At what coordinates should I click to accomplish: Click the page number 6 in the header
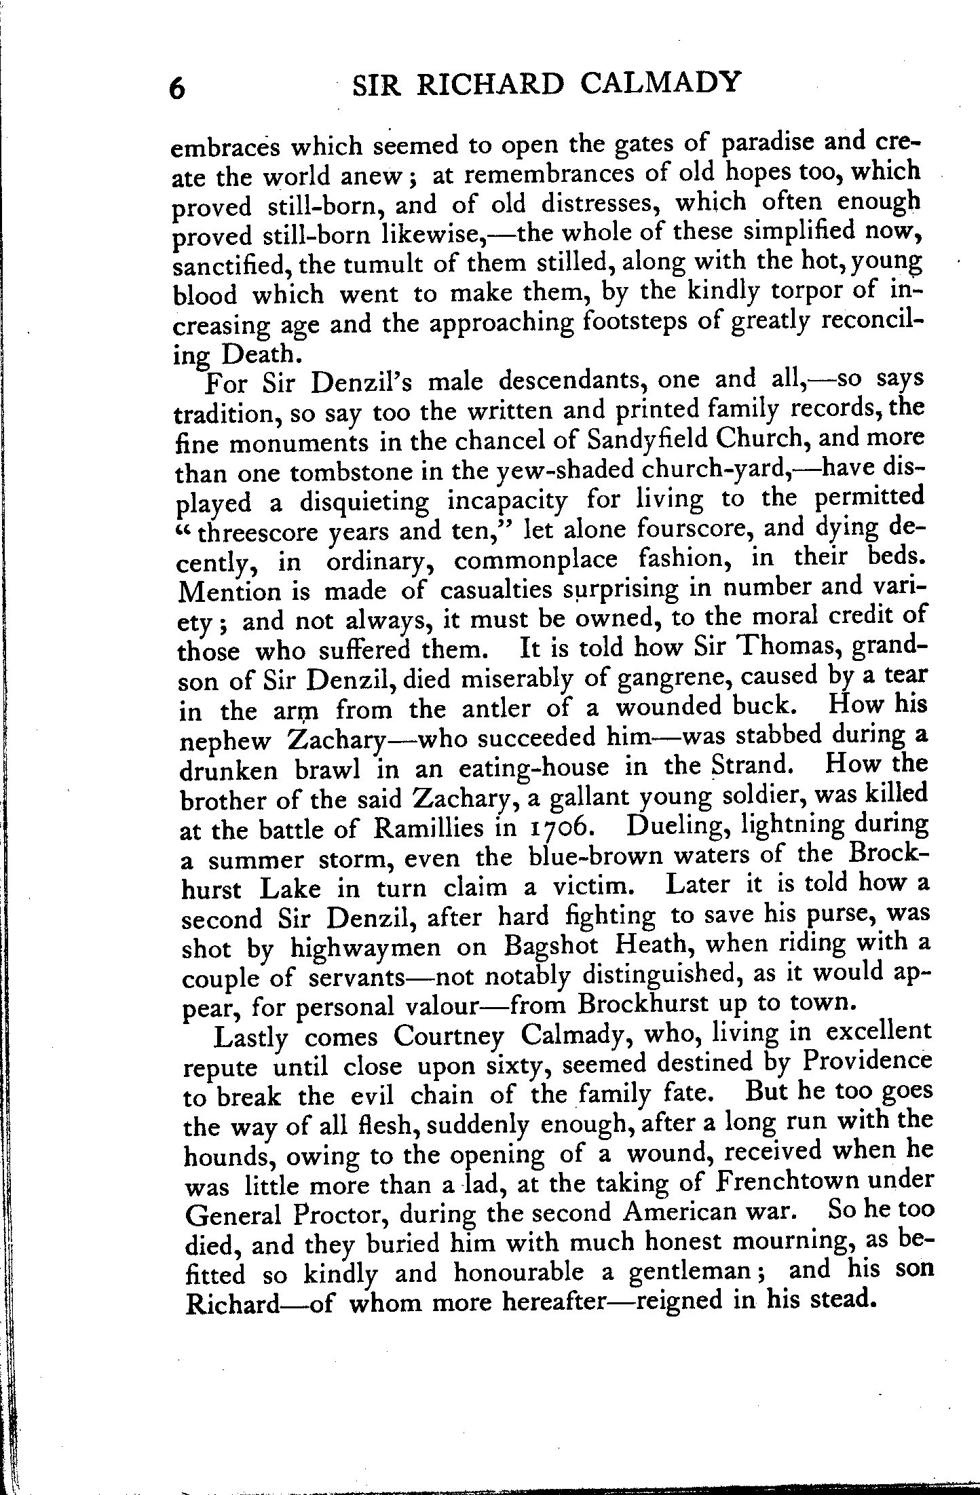pos(177,88)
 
